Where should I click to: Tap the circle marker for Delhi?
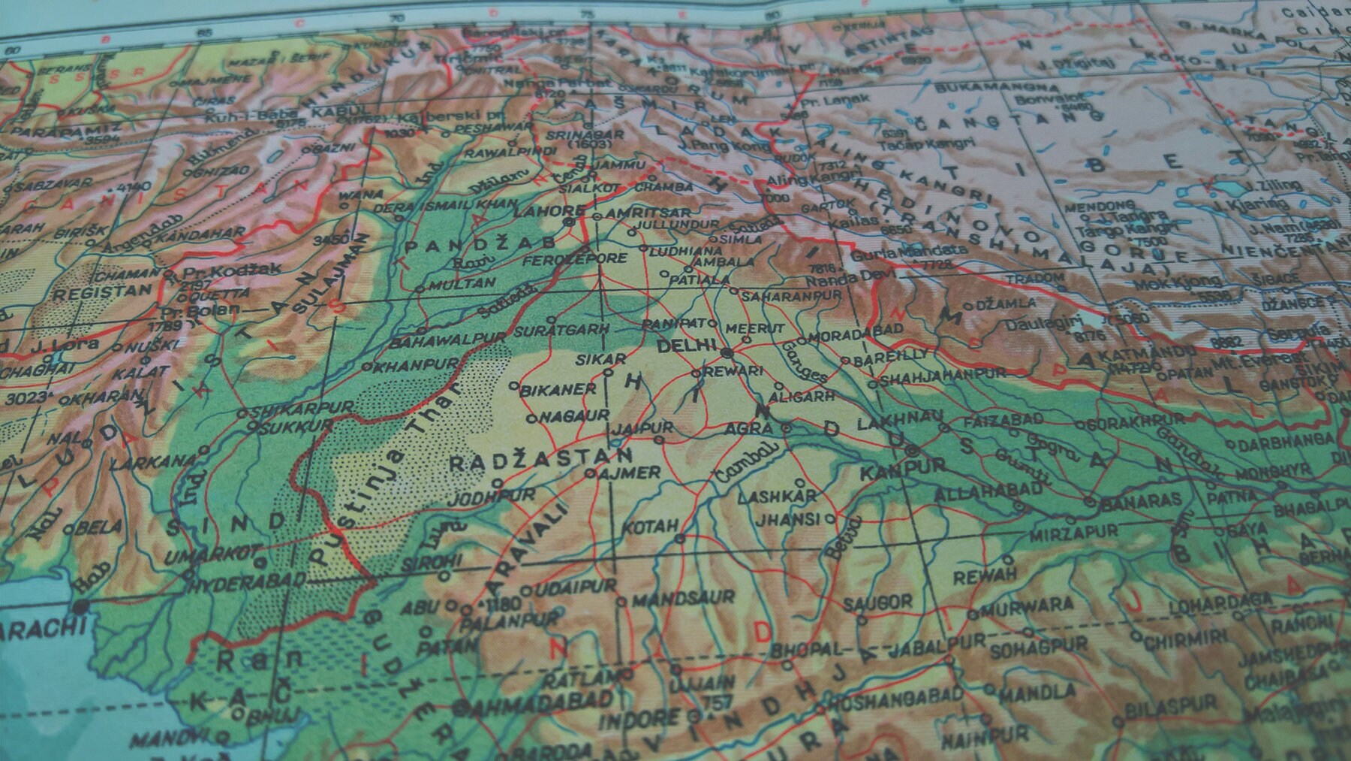click(x=726, y=352)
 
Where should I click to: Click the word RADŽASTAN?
click(x=540, y=459)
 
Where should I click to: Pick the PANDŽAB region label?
click(x=480, y=244)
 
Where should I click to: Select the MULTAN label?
click(x=463, y=283)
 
